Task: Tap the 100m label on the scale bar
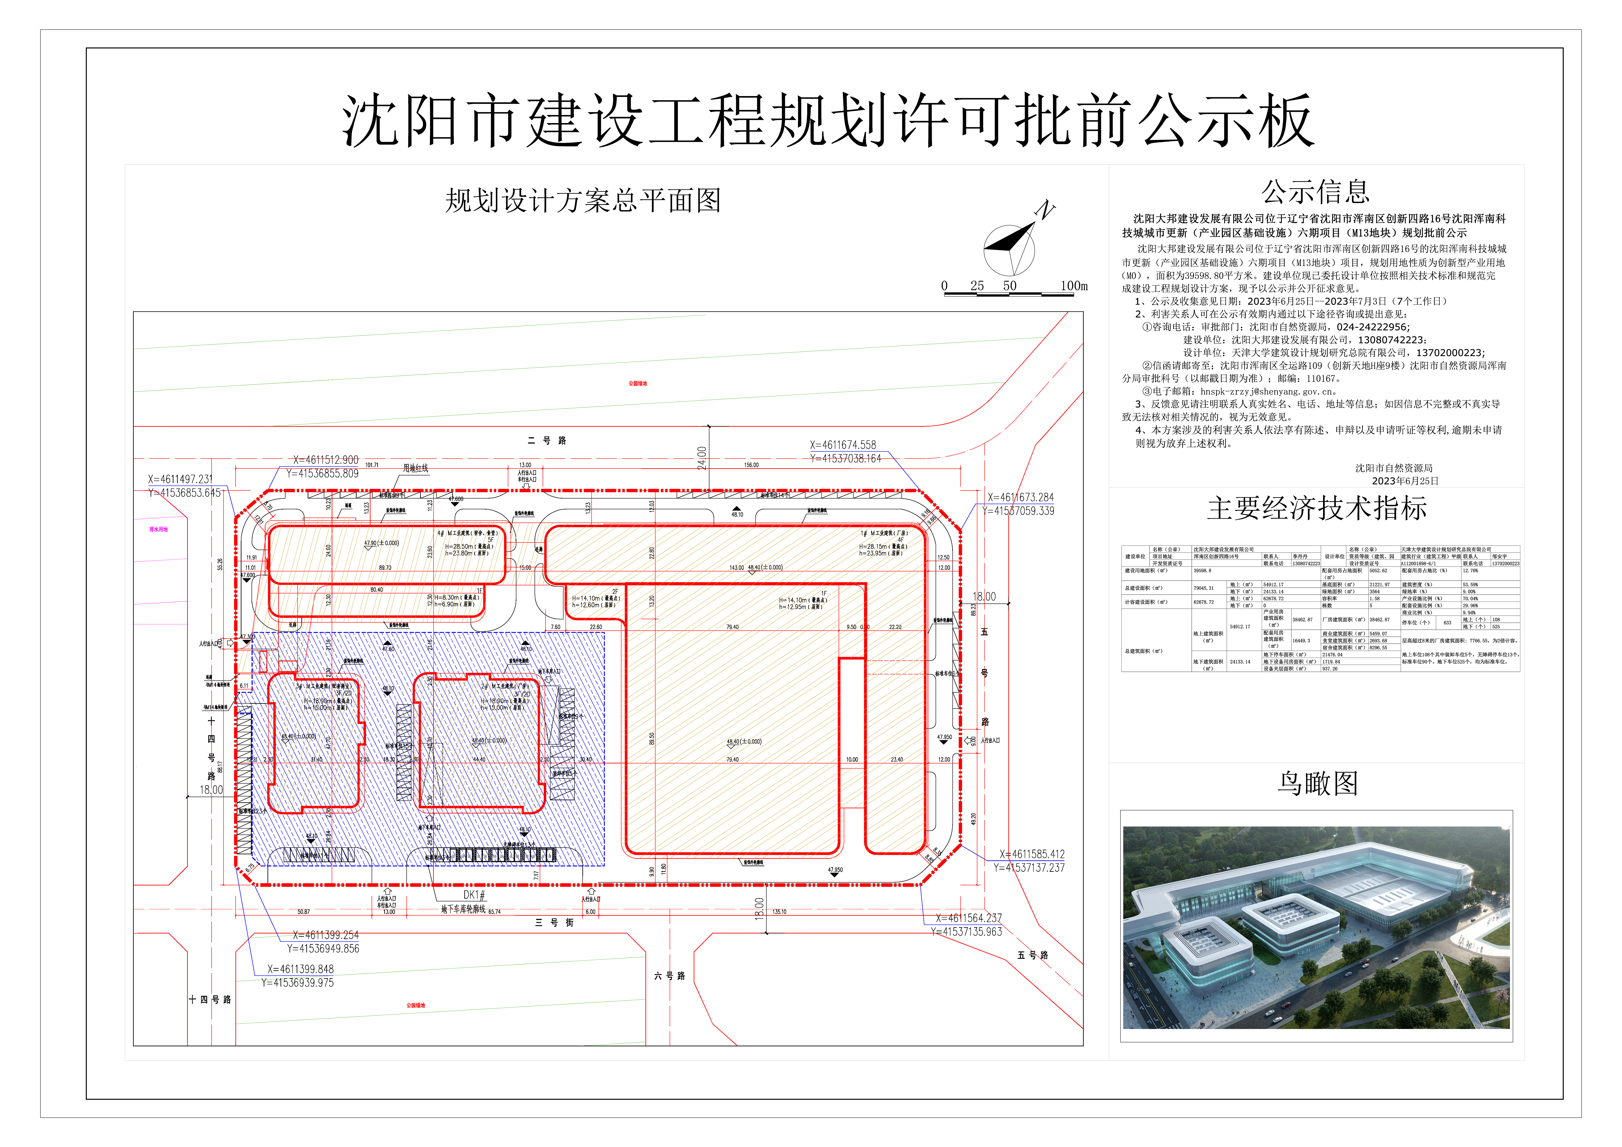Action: pos(1073,286)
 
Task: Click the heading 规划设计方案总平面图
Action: pos(583,201)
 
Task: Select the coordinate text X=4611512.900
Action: pos(326,460)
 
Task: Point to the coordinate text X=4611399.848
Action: pos(300,969)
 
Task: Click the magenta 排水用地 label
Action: pos(158,529)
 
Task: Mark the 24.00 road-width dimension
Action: pos(702,458)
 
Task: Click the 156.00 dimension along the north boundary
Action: pos(751,466)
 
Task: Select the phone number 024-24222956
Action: pos(1373,327)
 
